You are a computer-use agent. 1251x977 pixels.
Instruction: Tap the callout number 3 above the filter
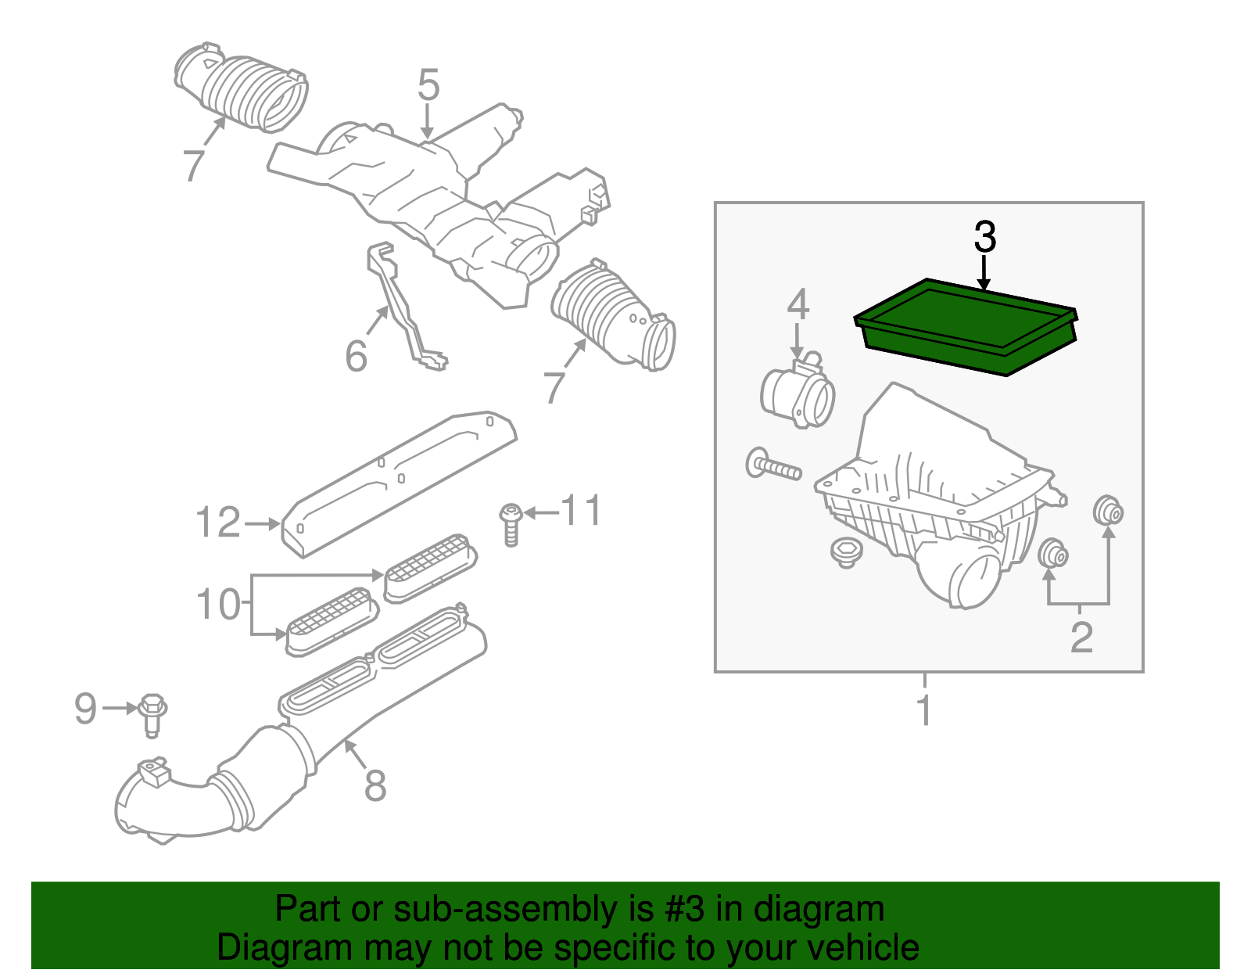click(x=984, y=237)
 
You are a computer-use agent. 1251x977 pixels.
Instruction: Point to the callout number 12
click(x=217, y=523)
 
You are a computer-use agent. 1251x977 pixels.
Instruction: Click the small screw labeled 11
click(x=511, y=523)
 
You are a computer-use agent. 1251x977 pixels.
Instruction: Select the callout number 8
click(x=375, y=785)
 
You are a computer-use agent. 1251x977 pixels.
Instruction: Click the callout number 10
click(x=217, y=605)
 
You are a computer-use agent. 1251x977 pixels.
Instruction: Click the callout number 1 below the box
click(x=924, y=710)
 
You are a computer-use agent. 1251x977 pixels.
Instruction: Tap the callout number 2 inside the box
click(x=1081, y=638)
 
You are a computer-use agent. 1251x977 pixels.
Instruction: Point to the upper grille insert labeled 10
click(x=430, y=566)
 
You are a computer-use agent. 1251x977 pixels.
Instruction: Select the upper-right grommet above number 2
click(x=1108, y=512)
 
